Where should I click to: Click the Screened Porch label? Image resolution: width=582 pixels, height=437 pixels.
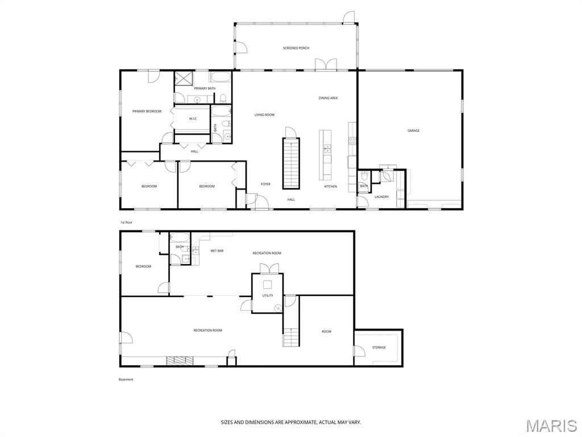(296, 48)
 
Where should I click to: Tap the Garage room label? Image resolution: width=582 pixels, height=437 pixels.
(414, 131)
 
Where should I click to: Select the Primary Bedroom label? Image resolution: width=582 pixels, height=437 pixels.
(147, 112)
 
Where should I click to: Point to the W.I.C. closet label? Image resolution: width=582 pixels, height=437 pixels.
(193, 119)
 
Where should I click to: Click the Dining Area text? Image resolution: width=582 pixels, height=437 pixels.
(328, 98)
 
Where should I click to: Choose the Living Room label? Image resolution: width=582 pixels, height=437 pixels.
(264, 115)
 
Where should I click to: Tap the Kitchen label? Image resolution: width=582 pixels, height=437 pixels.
(330, 187)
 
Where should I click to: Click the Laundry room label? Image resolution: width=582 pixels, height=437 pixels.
(381, 197)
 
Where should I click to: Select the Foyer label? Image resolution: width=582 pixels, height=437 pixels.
(265, 184)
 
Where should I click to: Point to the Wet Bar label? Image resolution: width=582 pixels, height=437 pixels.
(217, 251)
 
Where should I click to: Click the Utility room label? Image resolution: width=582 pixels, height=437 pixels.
(268, 296)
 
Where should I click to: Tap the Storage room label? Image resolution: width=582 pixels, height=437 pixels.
(379, 348)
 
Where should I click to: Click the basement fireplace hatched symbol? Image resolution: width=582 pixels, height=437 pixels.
(180, 360)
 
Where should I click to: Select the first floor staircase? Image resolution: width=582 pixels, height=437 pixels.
(292, 163)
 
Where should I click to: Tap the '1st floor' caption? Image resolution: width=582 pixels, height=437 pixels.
(126, 222)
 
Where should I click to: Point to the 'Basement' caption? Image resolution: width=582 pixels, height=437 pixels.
(126, 380)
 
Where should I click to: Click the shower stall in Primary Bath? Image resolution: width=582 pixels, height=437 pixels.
(184, 79)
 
